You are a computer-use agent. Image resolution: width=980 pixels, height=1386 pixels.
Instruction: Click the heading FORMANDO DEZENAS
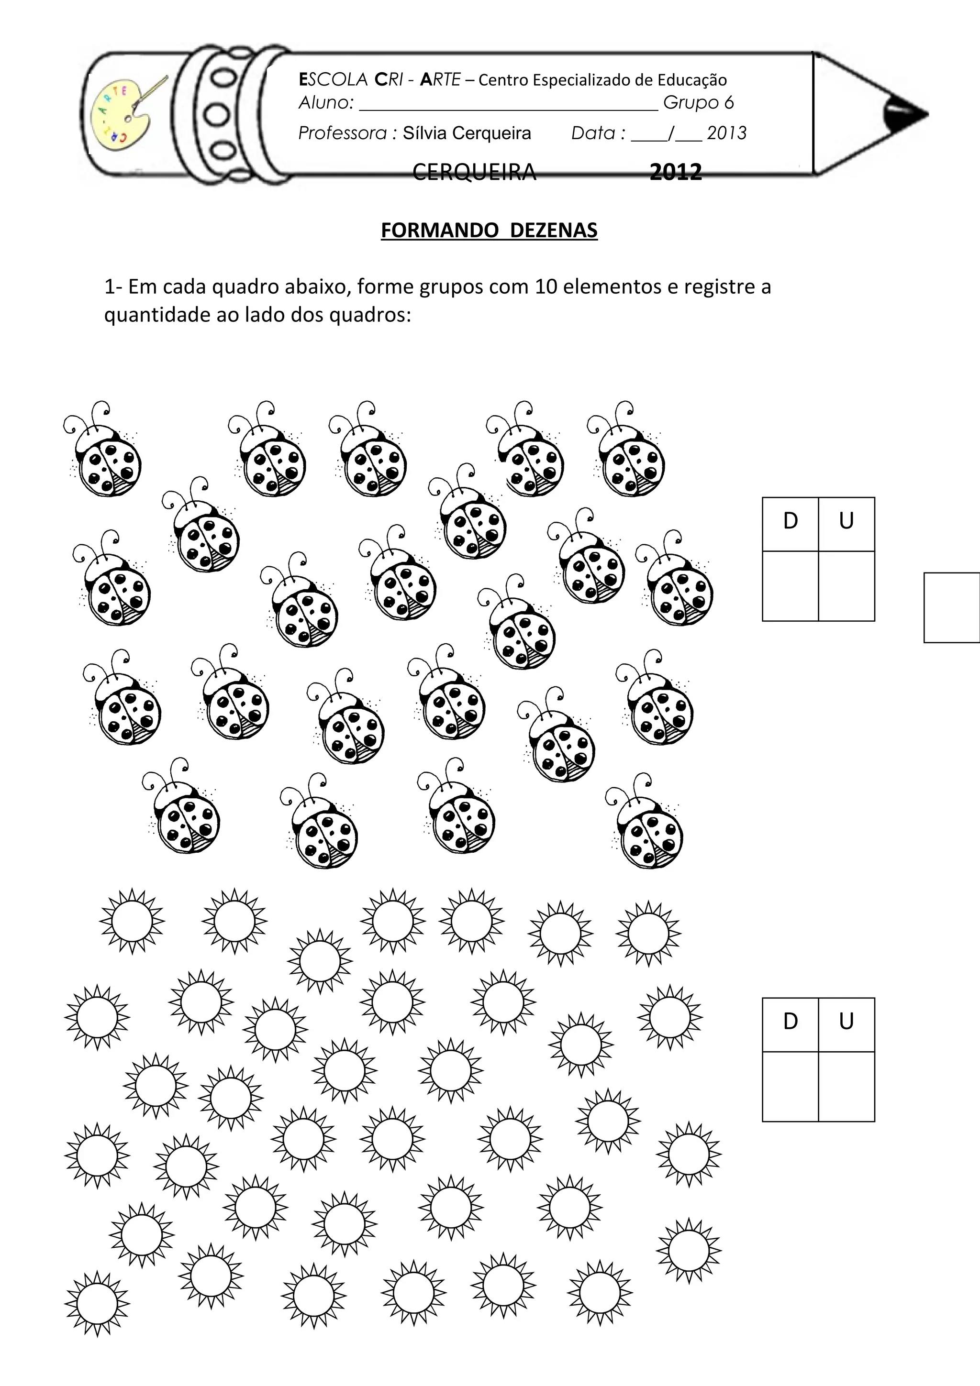pos(489,230)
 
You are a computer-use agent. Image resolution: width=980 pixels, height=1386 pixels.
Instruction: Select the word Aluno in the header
pos(325,103)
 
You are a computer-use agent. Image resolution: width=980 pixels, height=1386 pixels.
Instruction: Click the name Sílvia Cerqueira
pos(467,133)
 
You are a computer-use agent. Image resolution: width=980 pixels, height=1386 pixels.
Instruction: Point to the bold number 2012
pos(676,173)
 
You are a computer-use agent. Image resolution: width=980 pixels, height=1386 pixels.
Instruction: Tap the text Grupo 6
pos(698,103)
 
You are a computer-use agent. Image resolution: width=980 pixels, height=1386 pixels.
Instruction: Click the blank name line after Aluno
pos(508,108)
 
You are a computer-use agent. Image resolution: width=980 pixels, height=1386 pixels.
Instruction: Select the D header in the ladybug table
pos(791,521)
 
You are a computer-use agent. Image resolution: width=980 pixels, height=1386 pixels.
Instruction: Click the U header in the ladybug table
pos(846,521)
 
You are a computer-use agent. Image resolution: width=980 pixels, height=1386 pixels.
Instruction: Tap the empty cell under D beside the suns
pos(791,1087)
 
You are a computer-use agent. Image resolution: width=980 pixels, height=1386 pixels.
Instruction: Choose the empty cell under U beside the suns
pos(846,1087)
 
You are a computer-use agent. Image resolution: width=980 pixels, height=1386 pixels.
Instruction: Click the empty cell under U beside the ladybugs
pos(846,585)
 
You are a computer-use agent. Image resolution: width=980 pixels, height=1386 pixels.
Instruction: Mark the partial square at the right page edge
pos(952,607)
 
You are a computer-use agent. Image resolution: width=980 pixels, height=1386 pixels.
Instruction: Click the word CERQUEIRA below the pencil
pos(474,173)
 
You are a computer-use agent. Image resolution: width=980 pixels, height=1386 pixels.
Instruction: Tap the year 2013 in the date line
pos(726,133)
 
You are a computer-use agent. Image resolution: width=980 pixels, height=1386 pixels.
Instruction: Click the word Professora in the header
pos(342,133)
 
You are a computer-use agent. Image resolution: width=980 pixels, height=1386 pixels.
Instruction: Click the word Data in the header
pos(593,133)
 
